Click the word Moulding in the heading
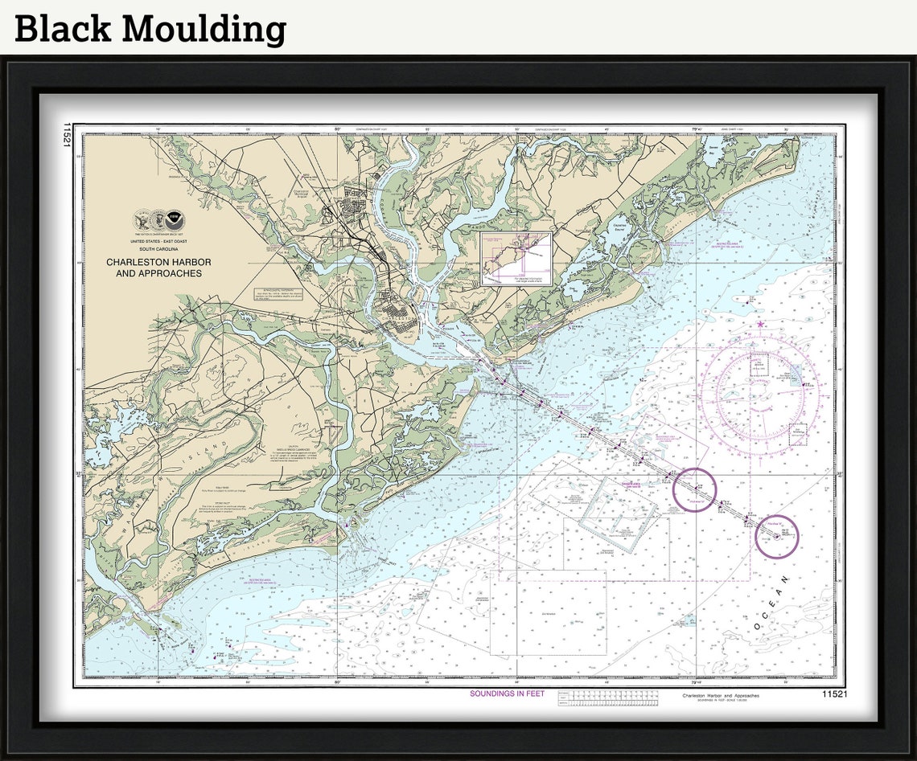click(204, 29)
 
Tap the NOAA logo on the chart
click(175, 219)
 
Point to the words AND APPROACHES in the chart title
click(158, 274)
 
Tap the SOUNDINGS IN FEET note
click(507, 693)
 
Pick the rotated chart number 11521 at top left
click(67, 135)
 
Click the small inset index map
click(516, 259)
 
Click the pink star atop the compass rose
click(760, 325)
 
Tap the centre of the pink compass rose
click(759, 393)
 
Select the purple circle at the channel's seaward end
click(776, 537)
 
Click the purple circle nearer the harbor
click(694, 489)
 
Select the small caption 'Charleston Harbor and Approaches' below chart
click(720, 695)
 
